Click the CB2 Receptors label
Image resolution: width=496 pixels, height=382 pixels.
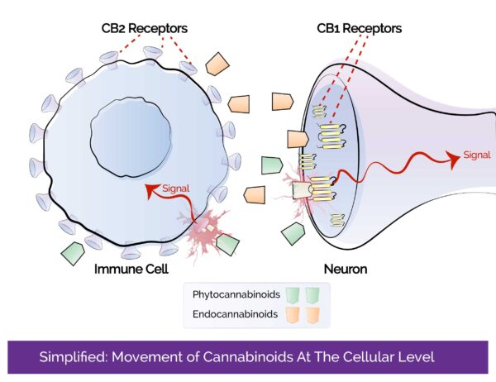pyautogui.click(x=142, y=29)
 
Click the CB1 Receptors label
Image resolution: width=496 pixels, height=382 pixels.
pyautogui.click(x=360, y=29)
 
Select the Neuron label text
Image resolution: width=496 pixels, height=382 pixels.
pyautogui.click(x=346, y=269)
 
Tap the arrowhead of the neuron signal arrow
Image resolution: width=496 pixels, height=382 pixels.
pyautogui.click(x=454, y=156)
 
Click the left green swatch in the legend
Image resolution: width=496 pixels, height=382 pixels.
pyautogui.click(x=289, y=295)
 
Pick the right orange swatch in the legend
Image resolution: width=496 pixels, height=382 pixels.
pyautogui.click(x=312, y=315)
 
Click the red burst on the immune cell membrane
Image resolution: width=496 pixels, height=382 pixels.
pyautogui.click(x=205, y=232)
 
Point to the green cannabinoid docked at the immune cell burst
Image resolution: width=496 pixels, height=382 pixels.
pyautogui.click(x=228, y=245)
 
